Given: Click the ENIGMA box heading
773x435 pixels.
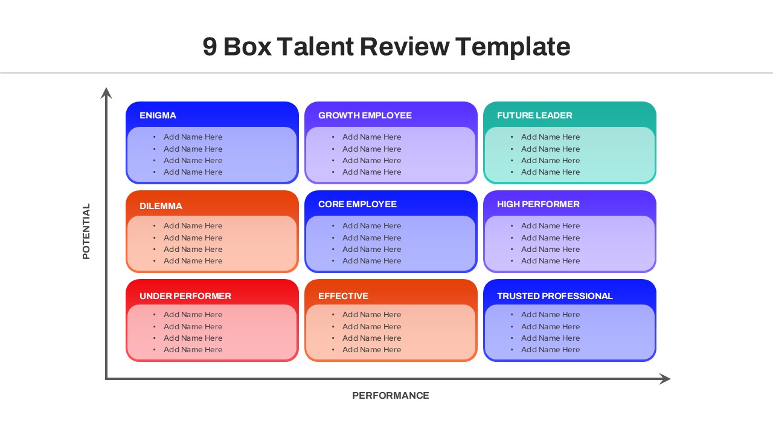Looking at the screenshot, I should click(x=158, y=115).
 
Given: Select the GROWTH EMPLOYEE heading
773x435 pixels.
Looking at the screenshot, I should click(x=365, y=115).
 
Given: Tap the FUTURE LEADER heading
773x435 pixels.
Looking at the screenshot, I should click(x=534, y=115).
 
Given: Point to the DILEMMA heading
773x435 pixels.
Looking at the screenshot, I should click(x=161, y=206).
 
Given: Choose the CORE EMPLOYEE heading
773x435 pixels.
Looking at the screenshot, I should click(x=358, y=204).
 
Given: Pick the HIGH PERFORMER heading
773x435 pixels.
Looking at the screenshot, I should click(x=538, y=204).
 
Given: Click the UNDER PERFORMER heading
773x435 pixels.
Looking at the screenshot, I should click(x=185, y=296).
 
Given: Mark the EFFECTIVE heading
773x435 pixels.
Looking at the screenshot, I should click(x=343, y=296).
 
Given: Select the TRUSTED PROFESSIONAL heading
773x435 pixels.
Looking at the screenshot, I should click(x=554, y=296).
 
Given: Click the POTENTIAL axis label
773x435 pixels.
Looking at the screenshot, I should click(x=86, y=231).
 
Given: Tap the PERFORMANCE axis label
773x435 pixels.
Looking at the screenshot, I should click(x=391, y=396).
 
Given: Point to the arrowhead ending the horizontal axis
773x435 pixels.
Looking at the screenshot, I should click(x=666, y=379).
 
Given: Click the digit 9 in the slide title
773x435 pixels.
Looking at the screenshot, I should click(x=210, y=47).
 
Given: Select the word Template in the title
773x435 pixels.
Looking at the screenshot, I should click(x=513, y=47).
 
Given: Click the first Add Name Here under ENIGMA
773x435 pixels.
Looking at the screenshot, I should click(x=193, y=137).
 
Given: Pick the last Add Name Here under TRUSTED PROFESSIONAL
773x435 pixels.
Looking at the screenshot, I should click(x=550, y=350).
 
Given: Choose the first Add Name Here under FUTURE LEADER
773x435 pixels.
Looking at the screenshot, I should click(x=550, y=137).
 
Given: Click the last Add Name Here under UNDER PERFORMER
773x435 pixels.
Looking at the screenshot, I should click(x=193, y=350).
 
